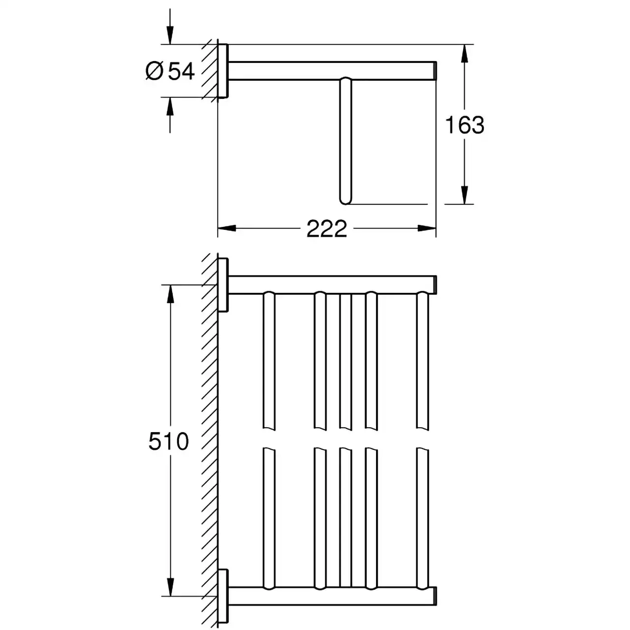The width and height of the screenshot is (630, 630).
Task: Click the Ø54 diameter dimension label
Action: click(170, 71)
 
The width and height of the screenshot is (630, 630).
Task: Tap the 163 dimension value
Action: click(465, 125)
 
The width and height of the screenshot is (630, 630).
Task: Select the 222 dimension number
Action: click(327, 228)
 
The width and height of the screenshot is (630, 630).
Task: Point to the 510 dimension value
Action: click(169, 441)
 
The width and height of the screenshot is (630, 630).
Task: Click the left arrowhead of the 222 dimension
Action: click(227, 228)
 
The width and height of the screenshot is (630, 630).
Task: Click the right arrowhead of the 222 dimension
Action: click(427, 228)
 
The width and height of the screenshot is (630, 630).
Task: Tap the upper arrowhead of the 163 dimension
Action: click(465, 54)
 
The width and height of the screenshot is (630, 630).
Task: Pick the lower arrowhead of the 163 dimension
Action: click(465, 195)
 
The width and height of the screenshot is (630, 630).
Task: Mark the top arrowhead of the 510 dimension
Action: click(170, 294)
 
